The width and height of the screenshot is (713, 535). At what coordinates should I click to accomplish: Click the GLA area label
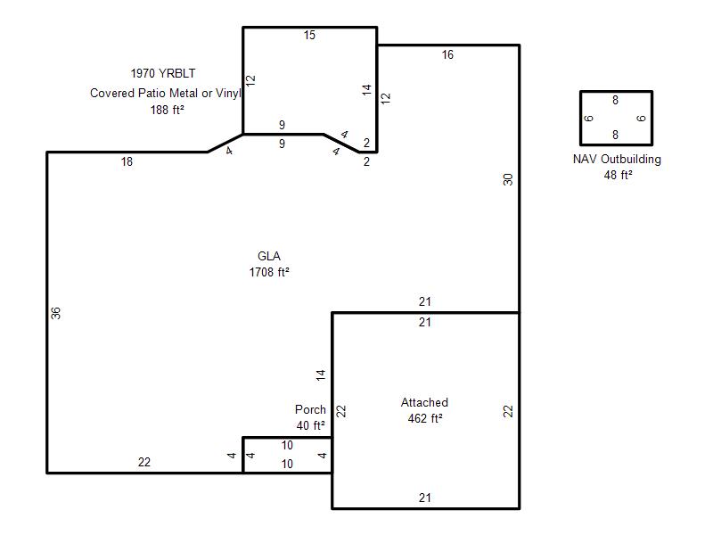(x=269, y=256)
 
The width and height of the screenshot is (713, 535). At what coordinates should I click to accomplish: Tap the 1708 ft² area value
(x=269, y=272)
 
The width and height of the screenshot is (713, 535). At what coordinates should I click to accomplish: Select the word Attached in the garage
(x=424, y=403)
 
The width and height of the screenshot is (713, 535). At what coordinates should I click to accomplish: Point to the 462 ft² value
(x=425, y=418)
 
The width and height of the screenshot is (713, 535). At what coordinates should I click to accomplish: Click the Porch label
(x=310, y=409)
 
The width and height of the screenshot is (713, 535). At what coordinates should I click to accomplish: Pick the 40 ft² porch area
(x=310, y=425)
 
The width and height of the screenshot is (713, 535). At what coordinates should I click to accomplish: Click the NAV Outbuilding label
(x=617, y=160)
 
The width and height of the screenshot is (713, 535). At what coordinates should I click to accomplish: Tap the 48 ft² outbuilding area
(x=618, y=175)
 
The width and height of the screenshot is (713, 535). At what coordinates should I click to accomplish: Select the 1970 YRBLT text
(x=163, y=73)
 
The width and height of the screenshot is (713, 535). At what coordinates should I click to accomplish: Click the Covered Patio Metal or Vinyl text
(x=166, y=94)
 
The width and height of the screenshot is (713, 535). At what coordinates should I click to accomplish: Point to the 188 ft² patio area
(x=167, y=110)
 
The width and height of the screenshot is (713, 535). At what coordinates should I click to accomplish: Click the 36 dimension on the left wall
(x=55, y=313)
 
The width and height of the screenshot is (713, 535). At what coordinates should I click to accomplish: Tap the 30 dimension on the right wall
(x=508, y=179)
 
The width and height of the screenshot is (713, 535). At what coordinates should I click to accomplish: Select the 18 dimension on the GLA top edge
(x=127, y=161)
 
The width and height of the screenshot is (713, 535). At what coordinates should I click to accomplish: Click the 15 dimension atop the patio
(x=309, y=35)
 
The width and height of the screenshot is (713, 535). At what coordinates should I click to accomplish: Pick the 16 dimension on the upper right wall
(x=447, y=55)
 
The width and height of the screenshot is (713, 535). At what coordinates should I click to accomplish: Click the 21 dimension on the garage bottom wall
(x=425, y=498)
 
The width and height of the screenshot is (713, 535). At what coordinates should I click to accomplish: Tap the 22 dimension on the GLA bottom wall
(x=144, y=462)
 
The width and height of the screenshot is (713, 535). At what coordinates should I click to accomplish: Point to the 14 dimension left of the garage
(x=321, y=374)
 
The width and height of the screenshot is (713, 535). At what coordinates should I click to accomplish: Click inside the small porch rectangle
(x=288, y=455)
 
